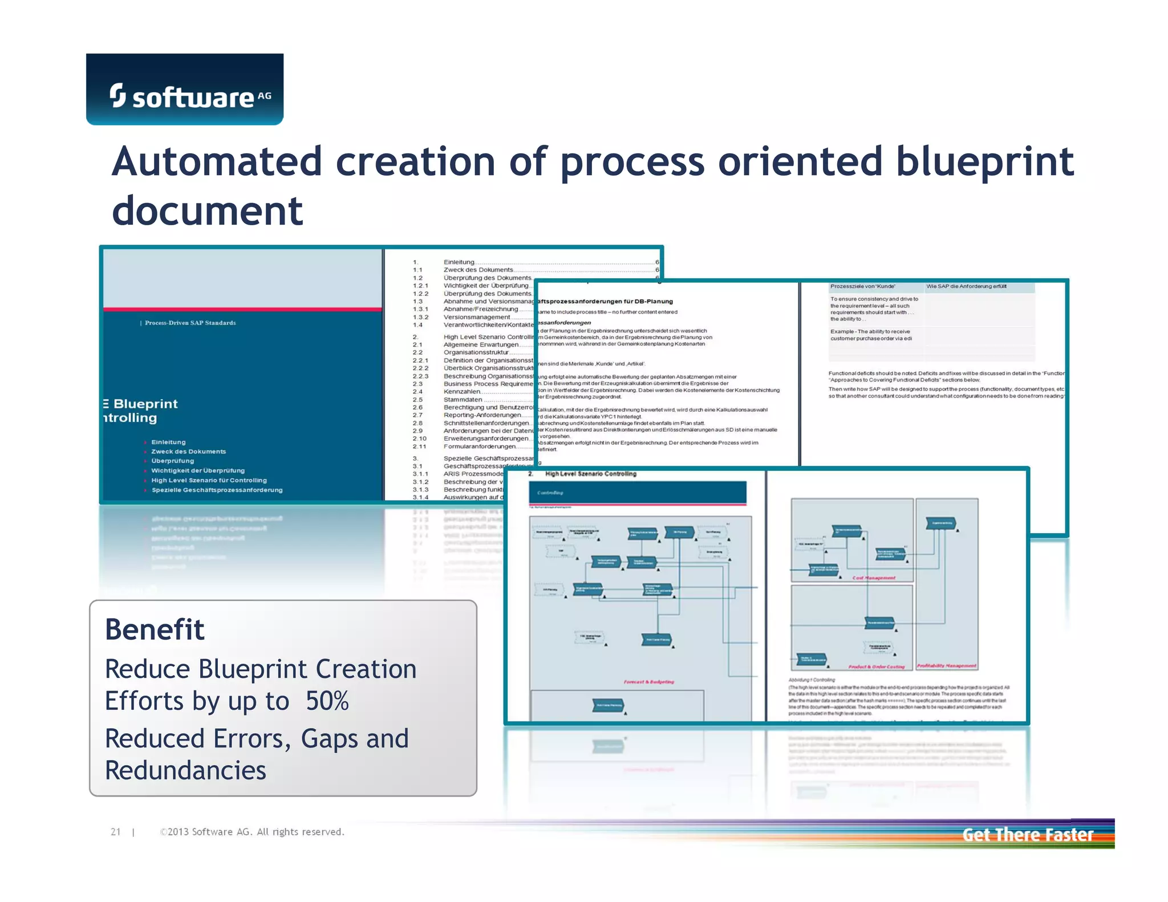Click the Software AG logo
pyautogui.click(x=185, y=90)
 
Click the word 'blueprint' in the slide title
pyautogui.click(x=984, y=162)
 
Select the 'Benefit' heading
pyautogui.click(x=155, y=630)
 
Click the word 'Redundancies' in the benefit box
pyautogui.click(x=185, y=770)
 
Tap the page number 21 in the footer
pyautogui.click(x=116, y=832)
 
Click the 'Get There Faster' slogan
pyautogui.click(x=1027, y=835)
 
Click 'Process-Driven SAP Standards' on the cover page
pyautogui.click(x=190, y=323)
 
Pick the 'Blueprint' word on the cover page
pyautogui.click(x=145, y=404)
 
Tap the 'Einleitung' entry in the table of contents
pyautogui.click(x=459, y=262)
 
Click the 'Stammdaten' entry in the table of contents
pyautogui.click(x=463, y=400)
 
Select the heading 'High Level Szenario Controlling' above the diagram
pyautogui.click(x=590, y=474)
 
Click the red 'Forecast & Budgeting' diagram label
pyautogui.click(x=648, y=682)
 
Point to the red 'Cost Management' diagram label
pyautogui.click(x=874, y=578)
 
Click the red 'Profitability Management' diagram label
pyautogui.click(x=946, y=666)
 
